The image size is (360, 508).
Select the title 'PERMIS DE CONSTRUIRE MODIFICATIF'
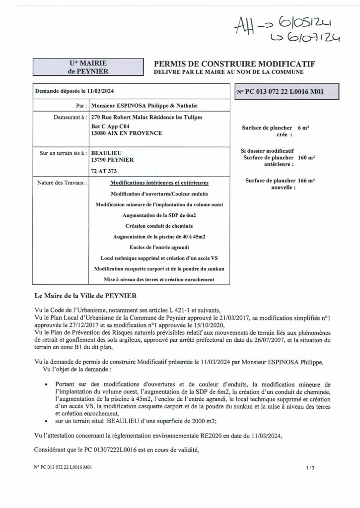pyautogui.click(x=235, y=64)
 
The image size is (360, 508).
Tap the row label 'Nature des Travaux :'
pyautogui.click(x=62, y=183)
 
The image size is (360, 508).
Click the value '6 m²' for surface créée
pyautogui.click(x=303, y=127)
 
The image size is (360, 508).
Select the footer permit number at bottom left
pyautogui.click(x=64, y=467)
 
